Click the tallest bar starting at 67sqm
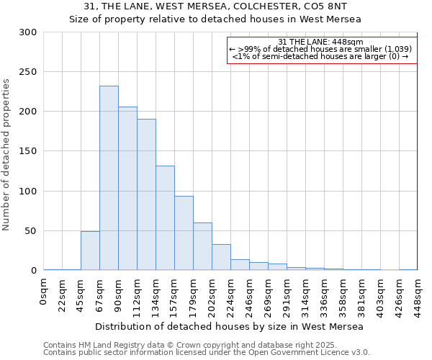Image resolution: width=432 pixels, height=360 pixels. click(x=109, y=178)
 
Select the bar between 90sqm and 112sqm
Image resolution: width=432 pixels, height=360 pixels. click(x=127, y=189)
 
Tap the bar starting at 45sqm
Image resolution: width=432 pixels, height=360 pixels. click(x=90, y=251)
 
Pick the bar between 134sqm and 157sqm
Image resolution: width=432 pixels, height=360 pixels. click(x=165, y=218)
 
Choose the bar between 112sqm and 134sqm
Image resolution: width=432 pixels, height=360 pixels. click(x=146, y=194)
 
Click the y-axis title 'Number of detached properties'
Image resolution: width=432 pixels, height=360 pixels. click(x=7, y=155)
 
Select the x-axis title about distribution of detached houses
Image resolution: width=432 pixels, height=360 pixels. click(x=229, y=326)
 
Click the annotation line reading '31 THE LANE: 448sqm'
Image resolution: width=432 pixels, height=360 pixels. click(x=320, y=42)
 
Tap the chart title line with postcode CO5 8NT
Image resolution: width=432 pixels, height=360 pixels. click(x=215, y=6)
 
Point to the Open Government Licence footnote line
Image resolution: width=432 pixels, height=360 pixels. click(x=207, y=352)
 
